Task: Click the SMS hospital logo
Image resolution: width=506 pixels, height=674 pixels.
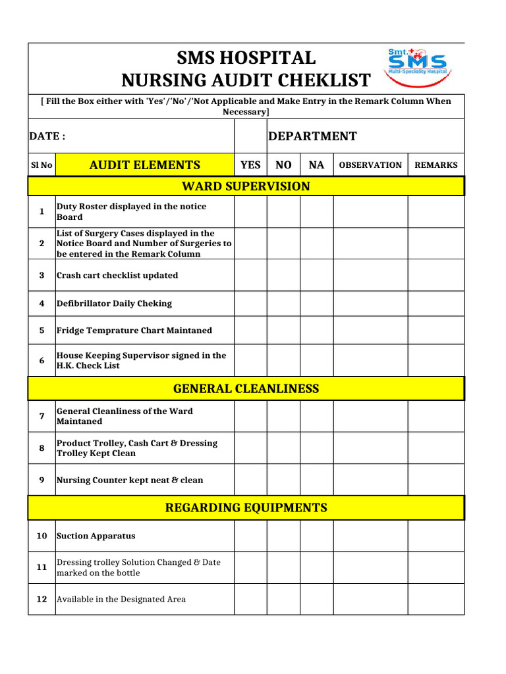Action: click(416, 66)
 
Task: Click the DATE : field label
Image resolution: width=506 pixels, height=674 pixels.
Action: click(47, 136)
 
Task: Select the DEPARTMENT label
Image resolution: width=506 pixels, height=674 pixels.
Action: click(312, 136)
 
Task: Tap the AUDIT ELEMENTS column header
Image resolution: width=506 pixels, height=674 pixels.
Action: click(144, 165)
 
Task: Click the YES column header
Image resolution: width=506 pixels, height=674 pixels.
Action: click(250, 165)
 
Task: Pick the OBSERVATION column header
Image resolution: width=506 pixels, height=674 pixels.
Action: click(370, 165)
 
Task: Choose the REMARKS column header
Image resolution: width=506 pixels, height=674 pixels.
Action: click(436, 165)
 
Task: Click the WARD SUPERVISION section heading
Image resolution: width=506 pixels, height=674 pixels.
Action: click(246, 186)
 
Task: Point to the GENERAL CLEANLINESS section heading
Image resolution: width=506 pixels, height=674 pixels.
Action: click(246, 388)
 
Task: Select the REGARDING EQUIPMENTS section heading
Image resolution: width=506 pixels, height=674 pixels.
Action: click(246, 507)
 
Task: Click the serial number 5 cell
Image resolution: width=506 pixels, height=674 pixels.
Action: click(42, 330)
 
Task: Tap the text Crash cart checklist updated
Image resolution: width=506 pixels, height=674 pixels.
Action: click(117, 275)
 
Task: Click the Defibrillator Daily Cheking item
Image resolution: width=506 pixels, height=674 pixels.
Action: click(114, 303)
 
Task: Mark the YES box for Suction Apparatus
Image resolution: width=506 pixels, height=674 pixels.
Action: click(250, 536)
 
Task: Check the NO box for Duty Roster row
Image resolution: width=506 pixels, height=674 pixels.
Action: click(283, 211)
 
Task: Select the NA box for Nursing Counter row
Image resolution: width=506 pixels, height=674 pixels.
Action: click(316, 480)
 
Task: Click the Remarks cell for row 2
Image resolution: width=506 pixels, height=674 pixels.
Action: click(436, 243)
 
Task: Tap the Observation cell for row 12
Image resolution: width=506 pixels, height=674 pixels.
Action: click(370, 599)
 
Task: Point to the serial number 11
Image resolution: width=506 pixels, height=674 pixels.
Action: click(42, 567)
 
